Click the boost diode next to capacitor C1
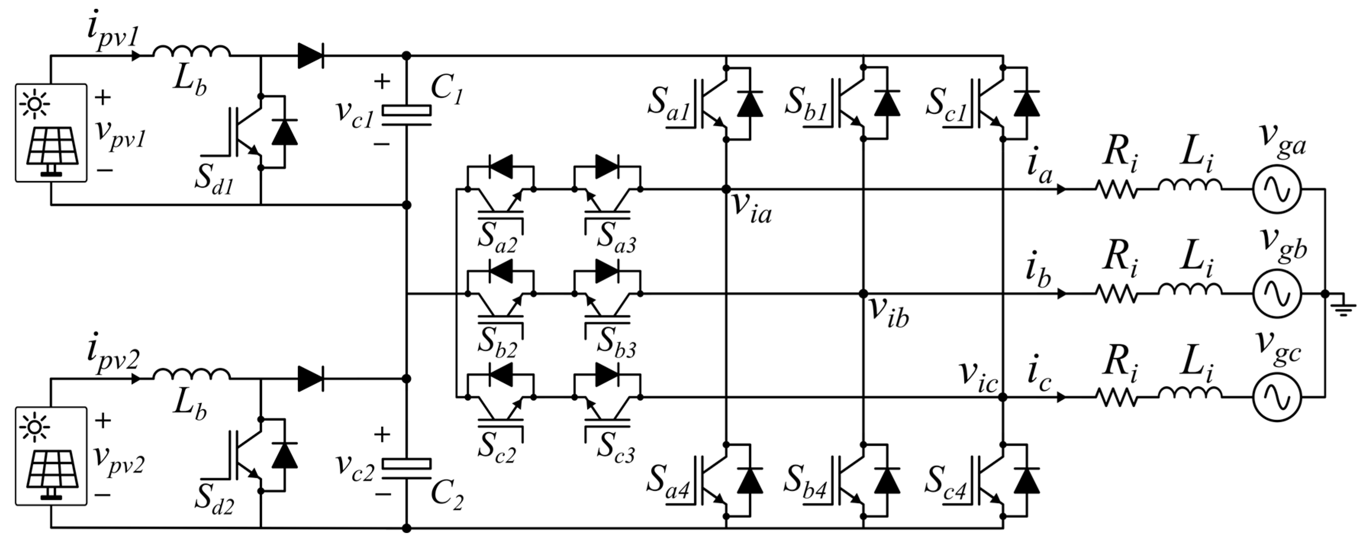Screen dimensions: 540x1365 311,56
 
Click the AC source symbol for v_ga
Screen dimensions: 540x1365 1276,189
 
